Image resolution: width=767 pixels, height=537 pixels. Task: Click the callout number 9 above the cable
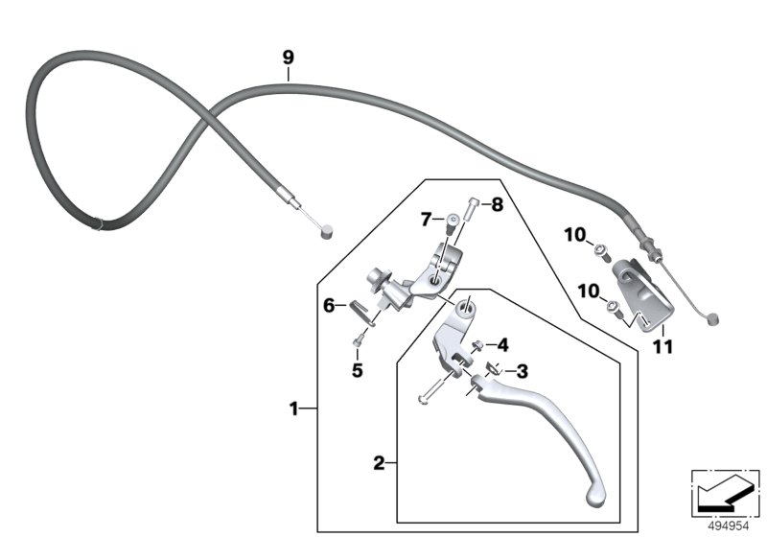(x=287, y=58)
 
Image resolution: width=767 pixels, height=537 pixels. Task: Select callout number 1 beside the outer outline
(x=293, y=409)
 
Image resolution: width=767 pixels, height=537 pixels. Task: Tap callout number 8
(x=499, y=204)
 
